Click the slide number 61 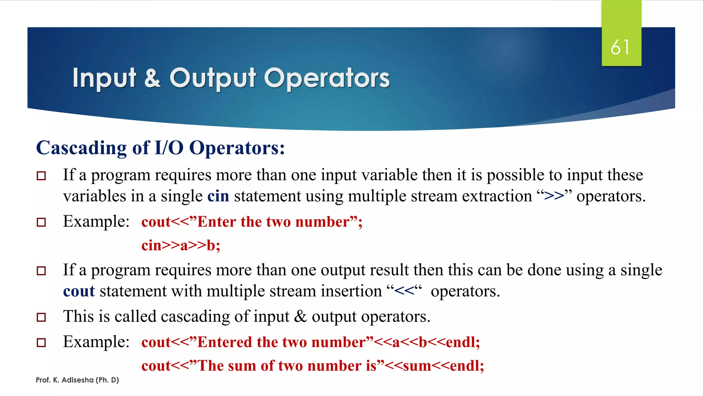click(620, 47)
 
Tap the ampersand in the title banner click(152, 78)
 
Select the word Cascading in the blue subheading click(81, 148)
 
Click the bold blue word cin click(218, 196)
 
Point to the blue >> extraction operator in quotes click(554, 196)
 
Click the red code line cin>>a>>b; click(181, 245)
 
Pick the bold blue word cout click(79, 291)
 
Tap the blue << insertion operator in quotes click(404, 291)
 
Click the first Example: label click(96, 221)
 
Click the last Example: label click(96, 342)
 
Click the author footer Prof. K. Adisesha click(77, 380)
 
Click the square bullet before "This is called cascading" click(41, 317)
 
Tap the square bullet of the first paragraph click(41, 176)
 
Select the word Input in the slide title click(104, 78)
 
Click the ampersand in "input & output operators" click(300, 316)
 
